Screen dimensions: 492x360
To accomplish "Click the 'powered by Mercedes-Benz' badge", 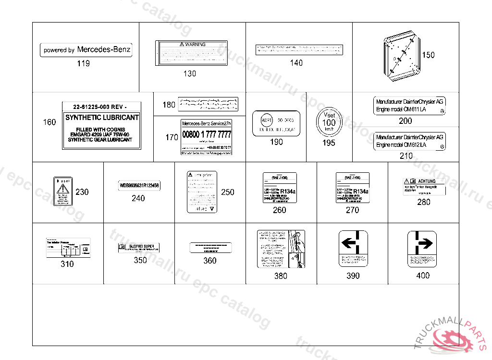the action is tap(86, 50).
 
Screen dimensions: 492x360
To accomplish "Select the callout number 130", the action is tap(190, 74).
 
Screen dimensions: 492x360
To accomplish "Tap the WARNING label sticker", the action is tap(191, 53).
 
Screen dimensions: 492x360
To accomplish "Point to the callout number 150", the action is tap(428, 55).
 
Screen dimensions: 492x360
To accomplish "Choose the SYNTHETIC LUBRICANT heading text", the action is tap(102, 118).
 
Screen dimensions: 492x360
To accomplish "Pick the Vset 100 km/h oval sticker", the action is tap(329, 123).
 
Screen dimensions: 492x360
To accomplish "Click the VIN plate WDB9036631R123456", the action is tap(139, 185).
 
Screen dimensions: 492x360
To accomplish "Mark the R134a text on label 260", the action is tap(287, 191).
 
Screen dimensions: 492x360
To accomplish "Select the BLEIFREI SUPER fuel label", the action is tap(139, 248).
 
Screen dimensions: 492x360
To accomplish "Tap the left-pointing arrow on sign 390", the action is tap(349, 243).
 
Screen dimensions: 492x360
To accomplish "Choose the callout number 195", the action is tap(329, 143).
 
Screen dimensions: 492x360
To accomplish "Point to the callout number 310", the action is tap(67, 264).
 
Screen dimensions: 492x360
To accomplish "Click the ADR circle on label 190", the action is tap(265, 120).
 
